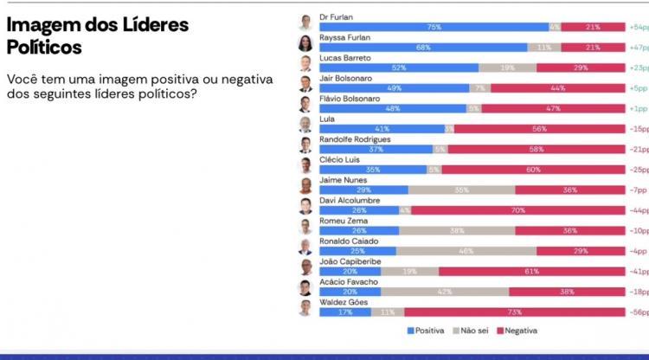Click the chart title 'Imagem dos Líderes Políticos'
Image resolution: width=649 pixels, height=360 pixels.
tap(97, 35)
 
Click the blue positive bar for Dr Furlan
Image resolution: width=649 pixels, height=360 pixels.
tap(434, 28)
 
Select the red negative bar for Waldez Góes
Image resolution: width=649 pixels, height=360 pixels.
tap(514, 312)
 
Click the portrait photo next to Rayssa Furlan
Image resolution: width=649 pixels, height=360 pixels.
tap(305, 43)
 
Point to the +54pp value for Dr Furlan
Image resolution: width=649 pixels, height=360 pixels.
tap(639, 28)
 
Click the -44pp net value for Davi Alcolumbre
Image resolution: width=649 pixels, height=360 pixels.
tap(638, 210)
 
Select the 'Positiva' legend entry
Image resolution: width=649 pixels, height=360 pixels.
tap(426, 331)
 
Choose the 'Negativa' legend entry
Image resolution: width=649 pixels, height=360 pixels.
tap(517, 331)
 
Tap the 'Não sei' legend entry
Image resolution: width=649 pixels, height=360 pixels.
tap(471, 331)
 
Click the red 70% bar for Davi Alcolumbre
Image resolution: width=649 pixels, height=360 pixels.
tap(517, 210)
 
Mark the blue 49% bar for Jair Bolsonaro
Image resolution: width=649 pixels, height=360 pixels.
tap(394, 88)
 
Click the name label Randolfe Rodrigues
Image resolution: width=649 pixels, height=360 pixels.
tap(356, 138)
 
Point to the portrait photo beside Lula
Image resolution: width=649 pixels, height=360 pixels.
tap(305, 124)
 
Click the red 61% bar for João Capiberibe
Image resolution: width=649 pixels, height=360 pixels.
tap(531, 271)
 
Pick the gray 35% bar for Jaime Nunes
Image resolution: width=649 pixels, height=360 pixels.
tap(461, 190)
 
